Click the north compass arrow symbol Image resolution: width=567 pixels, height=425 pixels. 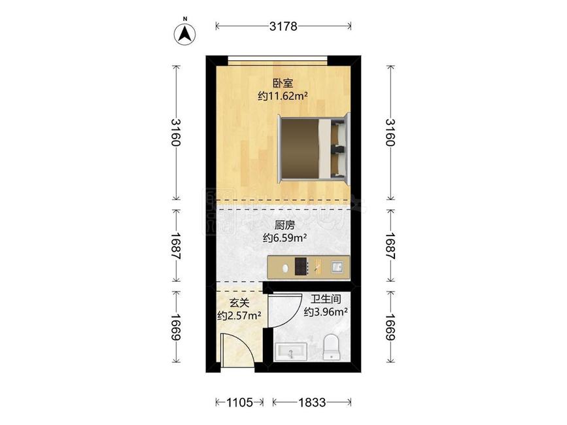pyautogui.click(x=186, y=32)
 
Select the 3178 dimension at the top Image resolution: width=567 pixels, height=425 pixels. pyautogui.click(x=283, y=27)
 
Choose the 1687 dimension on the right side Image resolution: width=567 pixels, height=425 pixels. pyautogui.click(x=391, y=247)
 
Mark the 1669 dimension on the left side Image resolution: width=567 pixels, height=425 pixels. pyautogui.click(x=175, y=326)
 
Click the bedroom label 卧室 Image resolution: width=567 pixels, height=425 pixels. pyautogui.click(x=283, y=83)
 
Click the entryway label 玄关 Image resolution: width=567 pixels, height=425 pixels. pyautogui.click(x=239, y=303)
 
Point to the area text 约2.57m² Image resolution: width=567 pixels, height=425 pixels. pyautogui.click(x=239, y=315)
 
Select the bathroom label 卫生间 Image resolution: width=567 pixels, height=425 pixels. pyautogui.click(x=325, y=299)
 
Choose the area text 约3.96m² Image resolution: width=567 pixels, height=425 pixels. pyautogui.click(x=325, y=312)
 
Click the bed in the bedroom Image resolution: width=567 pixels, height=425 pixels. pyautogui.click(x=313, y=148)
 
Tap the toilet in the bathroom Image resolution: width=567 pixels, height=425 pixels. pyautogui.click(x=331, y=347)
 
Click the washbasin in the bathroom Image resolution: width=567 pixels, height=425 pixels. pyautogui.click(x=290, y=352)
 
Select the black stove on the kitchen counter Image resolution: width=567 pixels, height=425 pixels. pyautogui.click(x=301, y=267)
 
